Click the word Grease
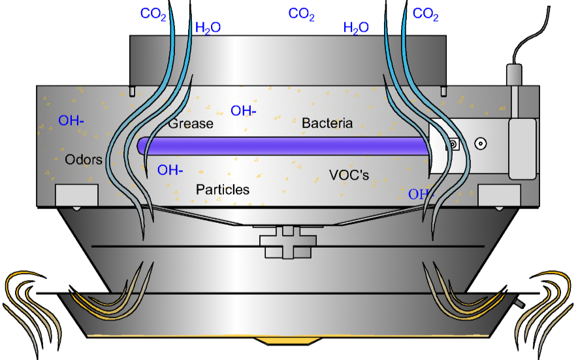191,123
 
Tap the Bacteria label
327,123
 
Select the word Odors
84,159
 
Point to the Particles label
223,189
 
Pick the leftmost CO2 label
153,14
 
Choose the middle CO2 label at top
302,14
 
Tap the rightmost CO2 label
426,14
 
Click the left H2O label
208,27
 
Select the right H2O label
356,27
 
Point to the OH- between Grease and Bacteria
244,110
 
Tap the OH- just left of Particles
170,171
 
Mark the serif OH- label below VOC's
421,194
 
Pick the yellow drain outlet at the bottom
287,341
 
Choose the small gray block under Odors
76,195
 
